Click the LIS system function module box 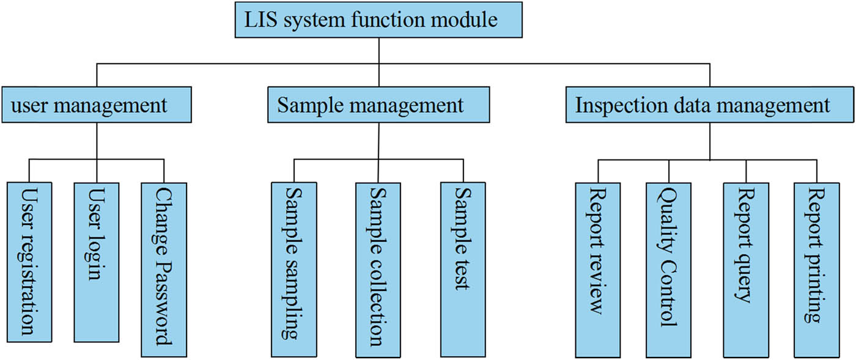pos(378,21)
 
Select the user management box pos(97,105)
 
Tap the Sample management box pos(378,105)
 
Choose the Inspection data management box pos(709,105)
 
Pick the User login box pos(96,262)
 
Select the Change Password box pos(163,269)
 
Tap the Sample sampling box pos(294,269)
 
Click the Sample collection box pos(378,269)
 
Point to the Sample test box pos(462,269)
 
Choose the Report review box pos(597,269)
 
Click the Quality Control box pos(668,269)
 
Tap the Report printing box pos(816,269)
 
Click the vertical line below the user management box pos(97,141)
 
